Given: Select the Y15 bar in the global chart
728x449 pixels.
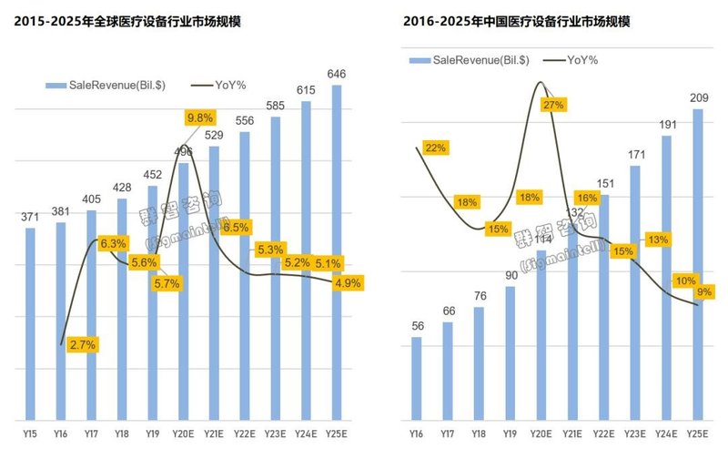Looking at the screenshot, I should coord(31,323).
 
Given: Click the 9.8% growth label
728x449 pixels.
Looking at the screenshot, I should coord(199,117).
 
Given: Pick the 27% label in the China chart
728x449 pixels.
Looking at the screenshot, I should coord(552,105).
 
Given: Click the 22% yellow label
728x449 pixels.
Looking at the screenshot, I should coord(436,148).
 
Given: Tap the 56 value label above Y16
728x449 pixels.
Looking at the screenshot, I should coord(417,325).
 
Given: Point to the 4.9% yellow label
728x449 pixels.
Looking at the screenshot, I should coord(348,283).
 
